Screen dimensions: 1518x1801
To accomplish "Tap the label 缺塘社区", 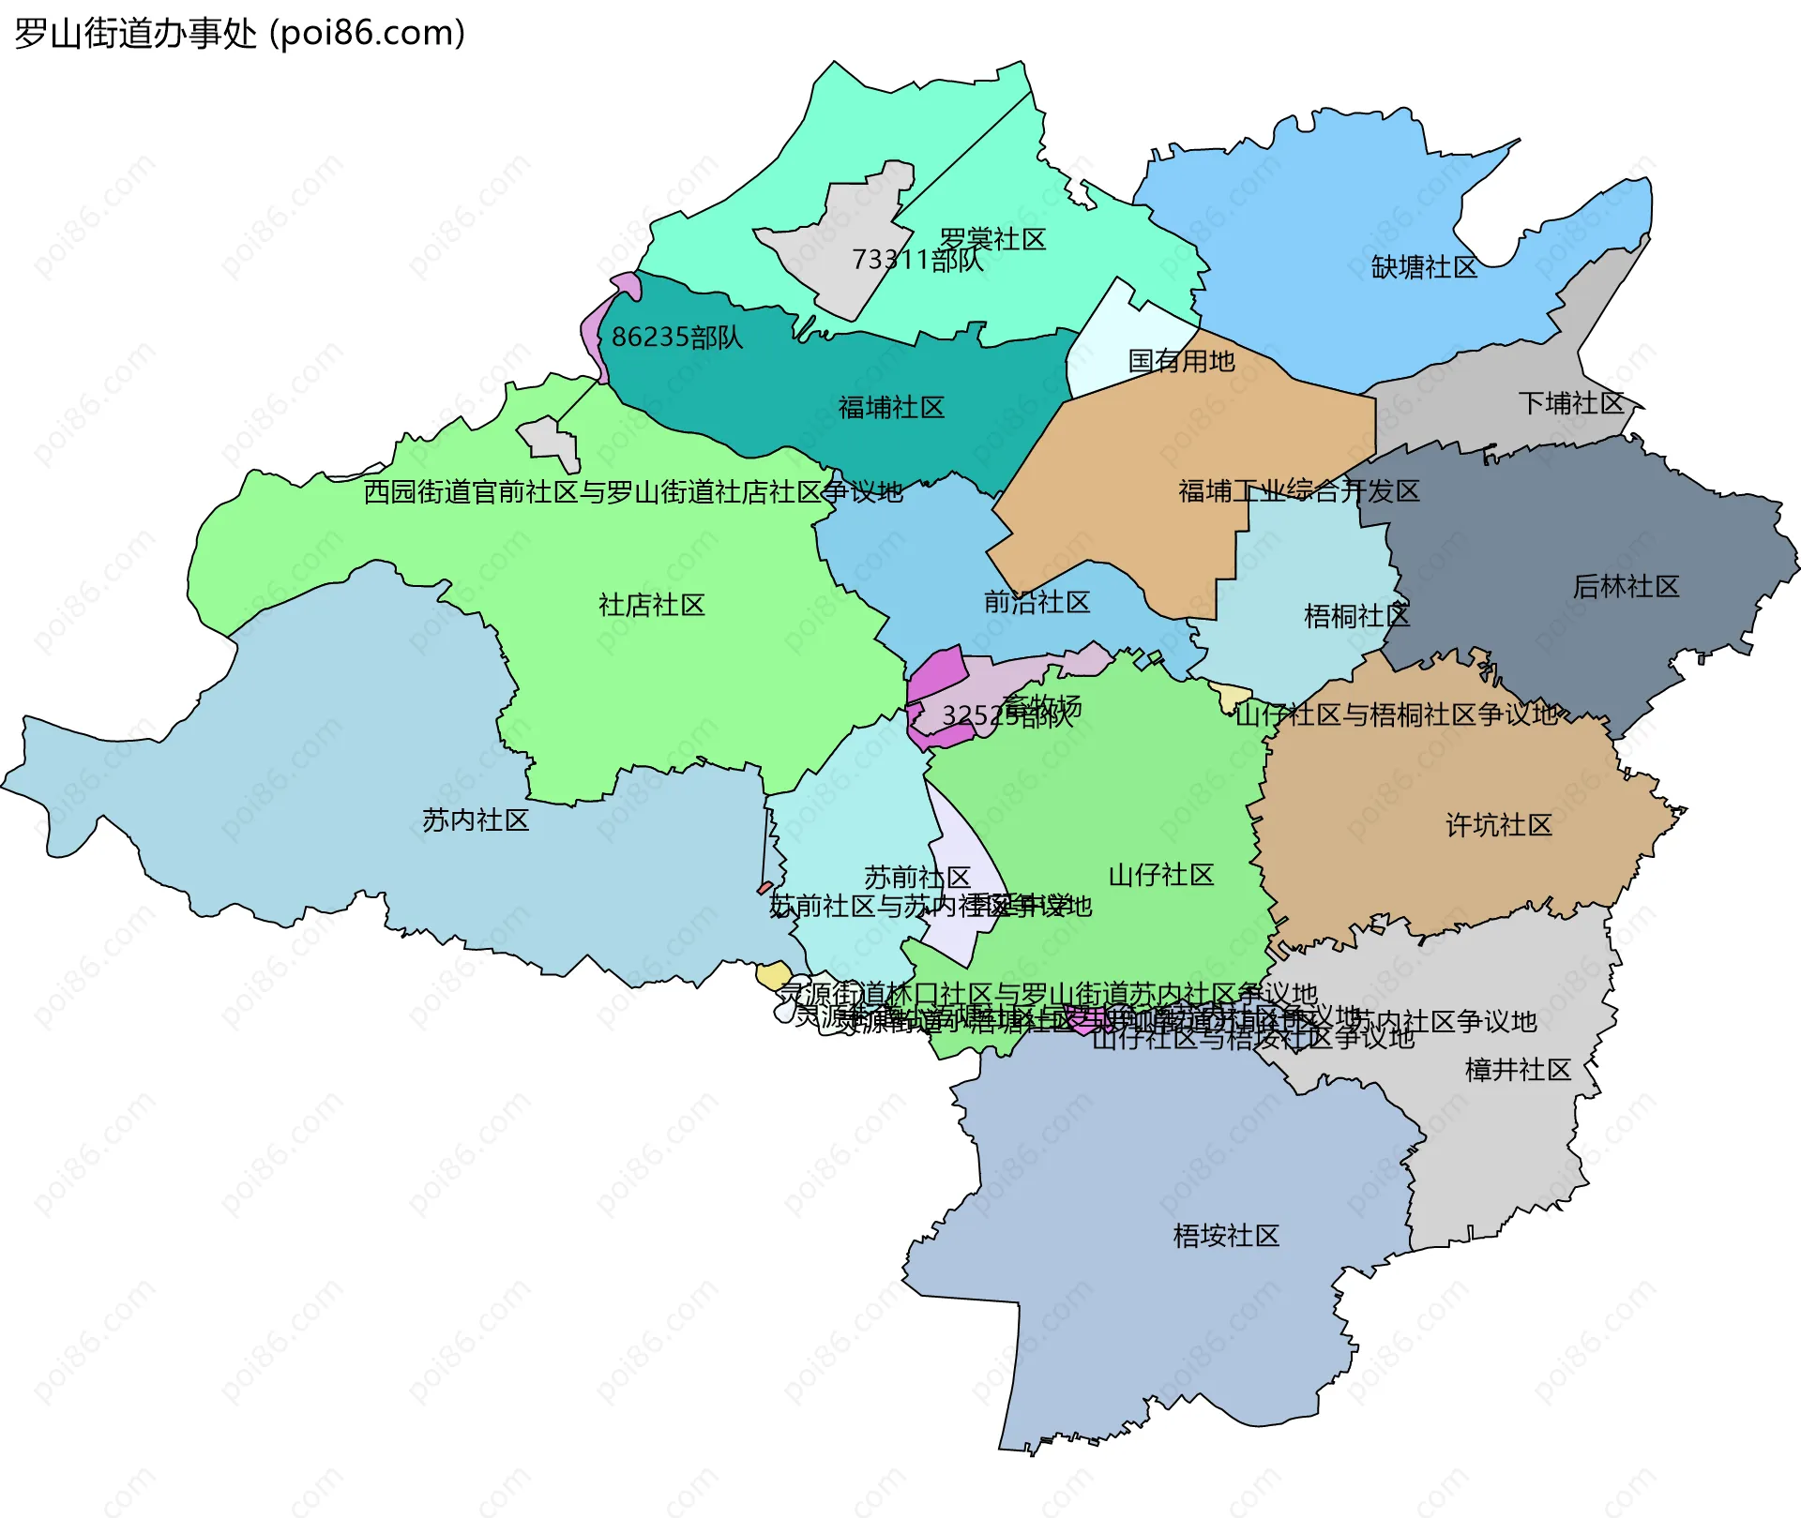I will [x=1424, y=268].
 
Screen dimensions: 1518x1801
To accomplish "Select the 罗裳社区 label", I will [x=992, y=240].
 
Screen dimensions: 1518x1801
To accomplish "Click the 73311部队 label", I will [x=916, y=260].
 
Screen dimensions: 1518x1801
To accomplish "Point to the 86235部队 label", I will [x=676, y=338].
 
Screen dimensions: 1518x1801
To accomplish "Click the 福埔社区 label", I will [x=891, y=408].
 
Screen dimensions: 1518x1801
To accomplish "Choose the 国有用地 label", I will [x=1181, y=361].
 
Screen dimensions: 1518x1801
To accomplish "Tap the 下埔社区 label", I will [x=1571, y=404].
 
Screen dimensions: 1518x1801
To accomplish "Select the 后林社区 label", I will [x=1626, y=587].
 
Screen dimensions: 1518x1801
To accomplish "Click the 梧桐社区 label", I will [x=1356, y=616].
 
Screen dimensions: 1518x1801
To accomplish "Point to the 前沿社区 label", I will [x=1037, y=602].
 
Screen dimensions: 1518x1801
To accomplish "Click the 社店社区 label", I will [x=651, y=605].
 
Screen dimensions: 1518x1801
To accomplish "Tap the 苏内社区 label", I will [x=476, y=820].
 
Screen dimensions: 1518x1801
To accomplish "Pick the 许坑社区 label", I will [x=1499, y=825].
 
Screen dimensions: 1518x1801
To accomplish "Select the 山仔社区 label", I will [x=1161, y=875].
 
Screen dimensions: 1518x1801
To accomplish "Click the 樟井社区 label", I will [x=1518, y=1070].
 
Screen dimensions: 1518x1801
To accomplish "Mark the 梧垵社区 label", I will [x=1226, y=1236].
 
